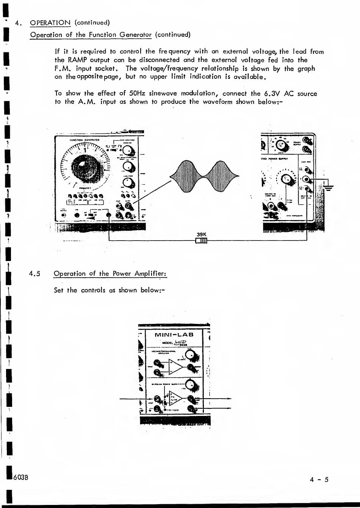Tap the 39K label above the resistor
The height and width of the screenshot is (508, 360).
click(202, 234)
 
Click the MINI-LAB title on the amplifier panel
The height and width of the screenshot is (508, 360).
click(174, 334)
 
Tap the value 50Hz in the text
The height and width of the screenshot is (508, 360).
click(136, 93)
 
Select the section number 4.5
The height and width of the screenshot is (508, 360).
click(35, 274)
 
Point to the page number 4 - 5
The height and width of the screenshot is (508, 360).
click(319, 480)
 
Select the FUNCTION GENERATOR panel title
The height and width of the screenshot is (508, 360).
click(84, 139)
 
